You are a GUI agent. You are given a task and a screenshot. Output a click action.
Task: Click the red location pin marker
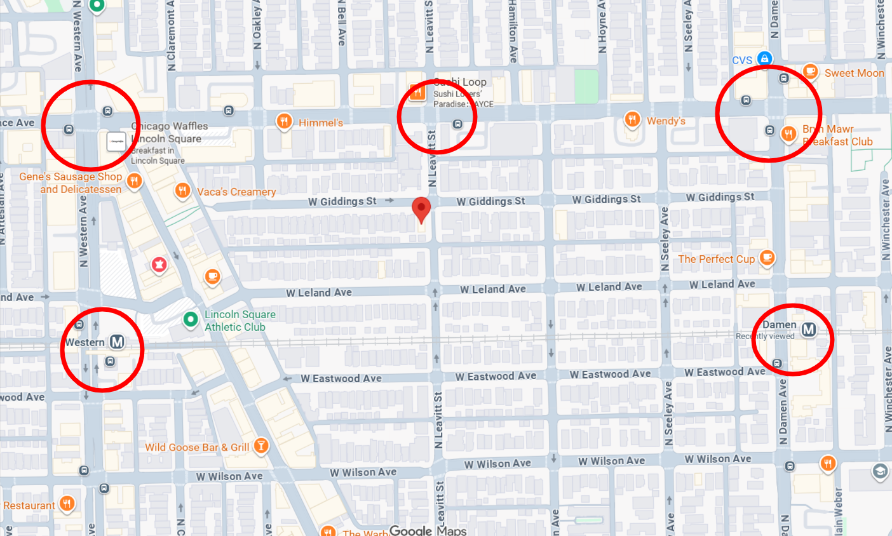click(421, 208)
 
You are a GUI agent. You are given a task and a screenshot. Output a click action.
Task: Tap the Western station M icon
click(117, 342)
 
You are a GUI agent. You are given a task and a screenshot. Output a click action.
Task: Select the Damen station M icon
click(808, 329)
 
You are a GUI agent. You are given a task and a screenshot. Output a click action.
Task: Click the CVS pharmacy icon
click(765, 58)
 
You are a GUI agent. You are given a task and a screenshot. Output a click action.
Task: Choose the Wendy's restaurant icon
click(632, 119)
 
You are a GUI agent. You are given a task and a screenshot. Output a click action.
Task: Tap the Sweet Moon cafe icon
click(810, 71)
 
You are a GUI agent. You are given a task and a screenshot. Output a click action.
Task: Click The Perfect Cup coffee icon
click(767, 258)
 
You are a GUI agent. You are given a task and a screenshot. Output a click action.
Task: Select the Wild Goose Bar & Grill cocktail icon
click(260, 445)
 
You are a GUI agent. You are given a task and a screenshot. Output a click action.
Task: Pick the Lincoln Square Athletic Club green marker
click(190, 319)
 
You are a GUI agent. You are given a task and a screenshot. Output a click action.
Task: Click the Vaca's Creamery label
click(236, 192)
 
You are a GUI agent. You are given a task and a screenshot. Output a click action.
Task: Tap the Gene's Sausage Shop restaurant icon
click(133, 182)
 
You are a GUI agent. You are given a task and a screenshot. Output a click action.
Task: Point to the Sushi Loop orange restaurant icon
click(417, 93)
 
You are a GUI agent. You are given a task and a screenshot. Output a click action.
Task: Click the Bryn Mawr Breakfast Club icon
click(788, 133)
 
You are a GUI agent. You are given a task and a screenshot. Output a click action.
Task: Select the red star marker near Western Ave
click(159, 265)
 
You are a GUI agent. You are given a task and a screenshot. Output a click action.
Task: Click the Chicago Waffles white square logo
click(116, 142)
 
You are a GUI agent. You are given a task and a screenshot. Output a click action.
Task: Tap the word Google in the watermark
click(410, 530)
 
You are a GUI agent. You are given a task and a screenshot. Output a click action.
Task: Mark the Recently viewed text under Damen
click(765, 337)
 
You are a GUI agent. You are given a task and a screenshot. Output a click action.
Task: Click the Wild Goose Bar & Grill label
click(197, 447)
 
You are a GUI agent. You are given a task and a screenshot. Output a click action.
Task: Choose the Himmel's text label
click(321, 123)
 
